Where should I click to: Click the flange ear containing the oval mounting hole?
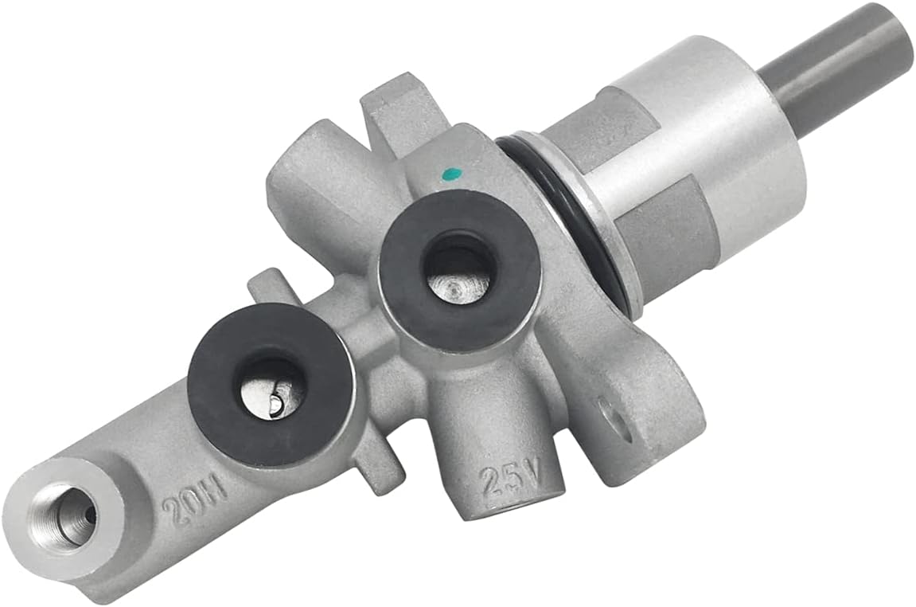[x=637, y=414]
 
